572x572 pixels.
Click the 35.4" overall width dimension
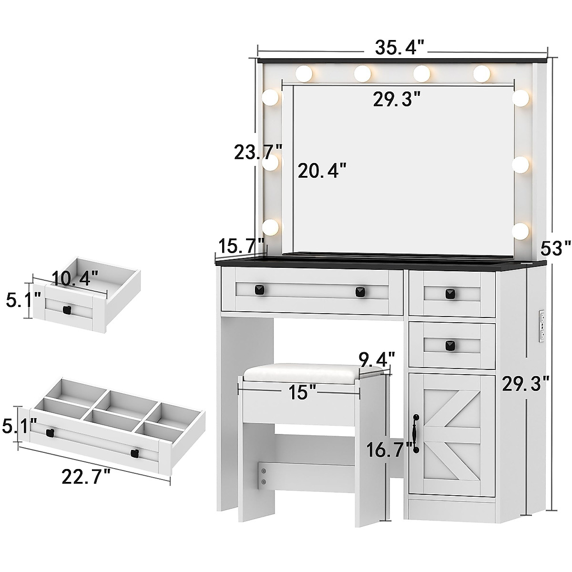(399, 48)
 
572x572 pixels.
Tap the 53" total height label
(555, 248)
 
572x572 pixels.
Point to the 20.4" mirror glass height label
(322, 170)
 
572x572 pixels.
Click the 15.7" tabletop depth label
(241, 246)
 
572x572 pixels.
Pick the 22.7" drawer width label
(86, 476)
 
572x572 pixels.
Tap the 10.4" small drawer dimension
(75, 277)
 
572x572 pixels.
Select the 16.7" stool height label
(389, 449)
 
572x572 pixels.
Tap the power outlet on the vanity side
(541, 327)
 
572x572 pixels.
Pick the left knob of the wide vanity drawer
(260, 289)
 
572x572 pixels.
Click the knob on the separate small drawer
(67, 310)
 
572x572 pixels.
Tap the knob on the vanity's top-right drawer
(449, 294)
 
